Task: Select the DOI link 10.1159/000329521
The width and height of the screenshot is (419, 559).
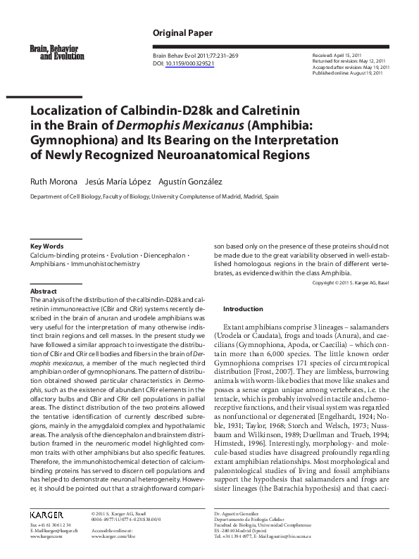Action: tap(190, 63)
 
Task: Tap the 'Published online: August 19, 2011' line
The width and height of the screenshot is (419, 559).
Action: tap(347, 72)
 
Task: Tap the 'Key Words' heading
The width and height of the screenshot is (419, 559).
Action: tap(47, 246)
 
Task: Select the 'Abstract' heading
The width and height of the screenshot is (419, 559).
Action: tap(43, 291)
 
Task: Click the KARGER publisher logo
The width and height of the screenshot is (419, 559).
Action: tap(46, 515)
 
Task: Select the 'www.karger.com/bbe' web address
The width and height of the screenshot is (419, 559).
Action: tap(114, 536)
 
